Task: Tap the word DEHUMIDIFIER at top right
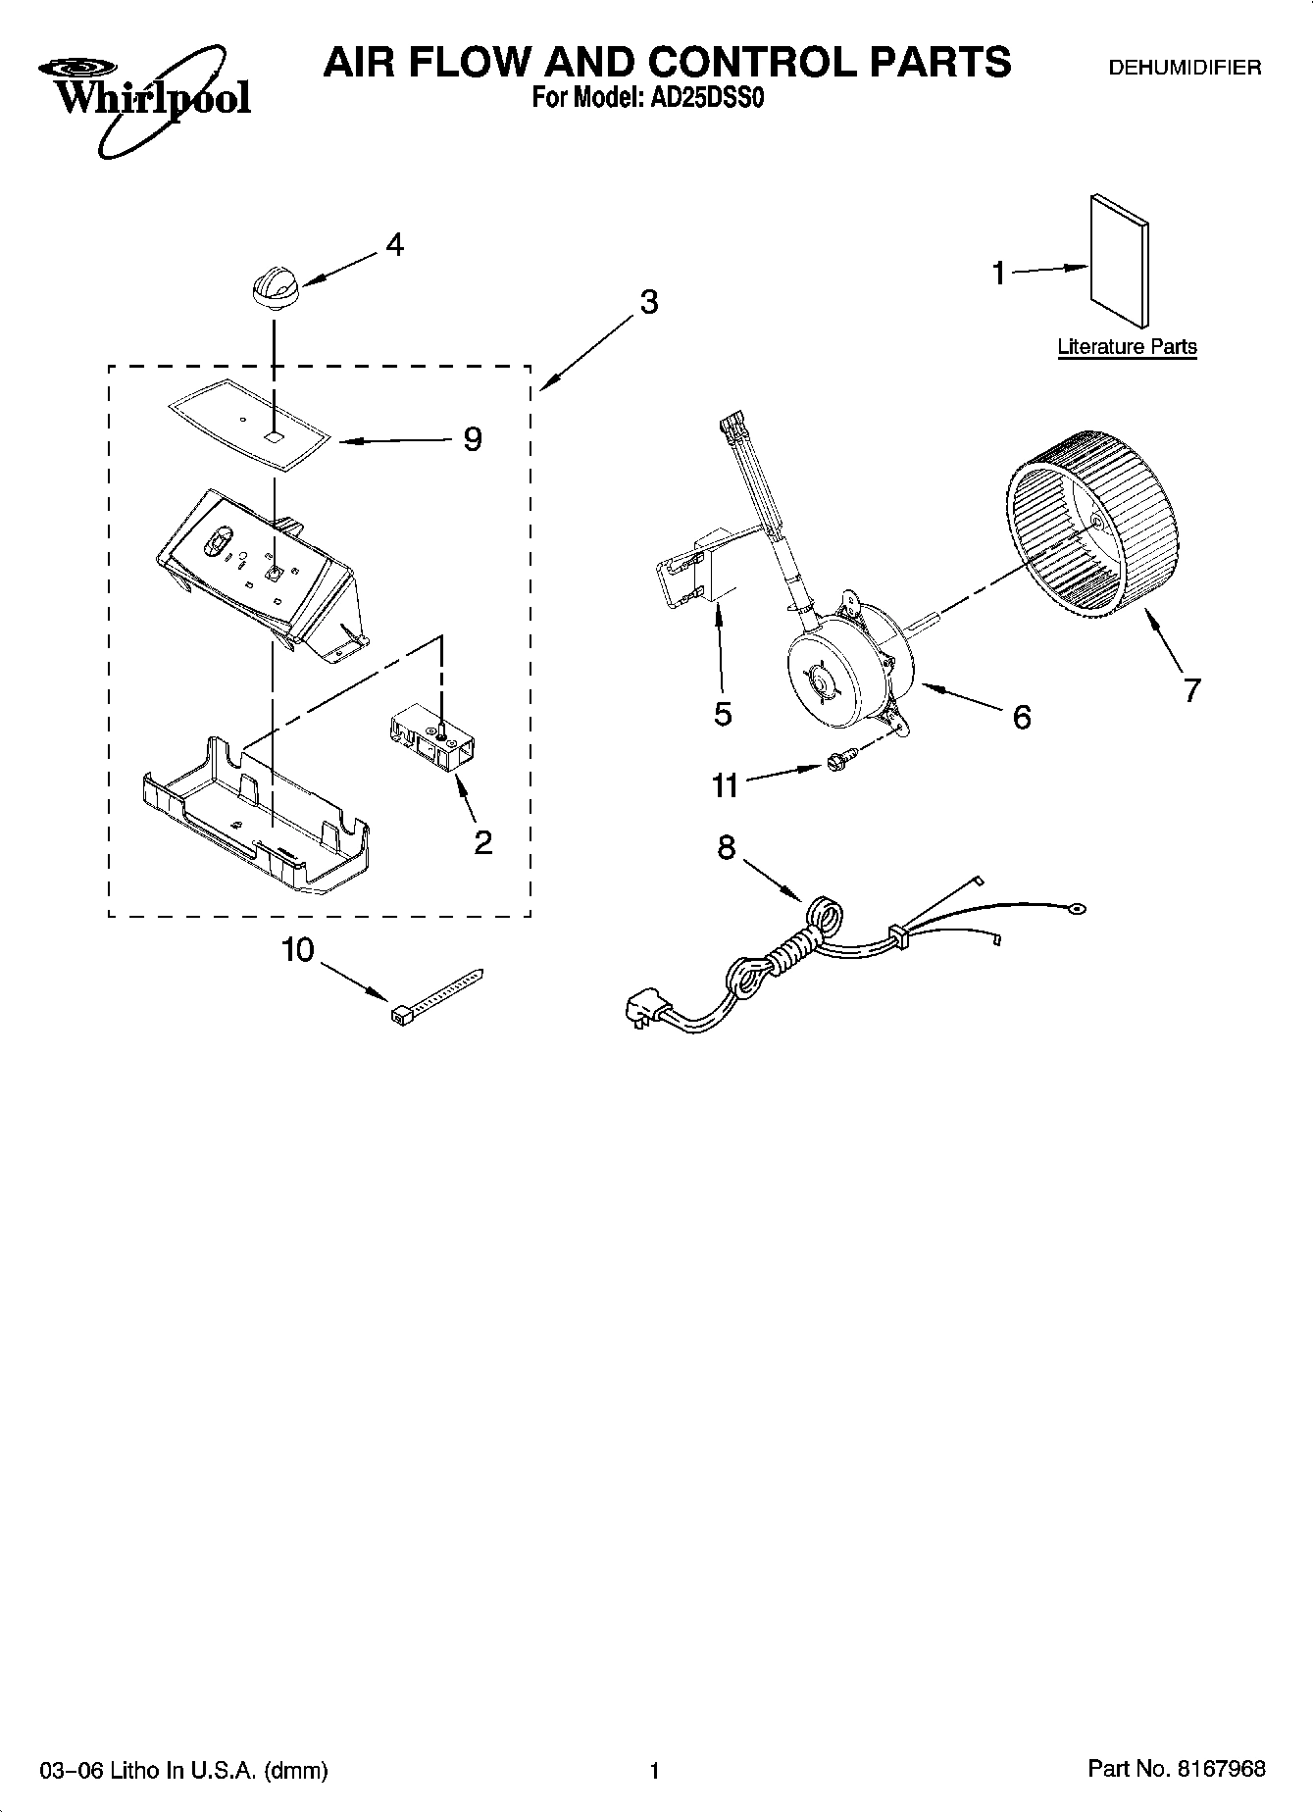click(1184, 68)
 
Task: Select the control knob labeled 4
click(275, 289)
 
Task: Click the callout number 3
click(648, 303)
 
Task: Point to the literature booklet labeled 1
click(1119, 260)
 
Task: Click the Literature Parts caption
click(1127, 347)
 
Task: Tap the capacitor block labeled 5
click(701, 572)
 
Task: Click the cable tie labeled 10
click(436, 993)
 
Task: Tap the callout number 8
click(726, 847)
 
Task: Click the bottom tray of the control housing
click(257, 822)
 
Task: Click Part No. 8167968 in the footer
click(1177, 1769)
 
